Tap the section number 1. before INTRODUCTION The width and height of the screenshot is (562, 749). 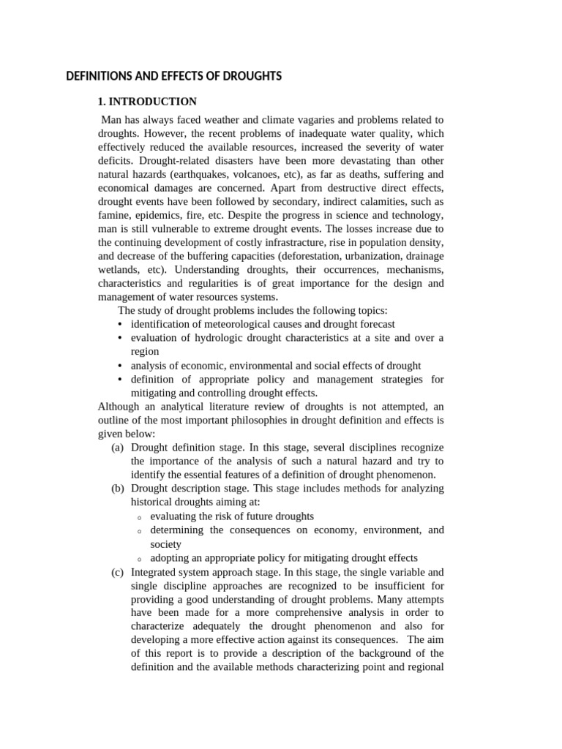point(103,102)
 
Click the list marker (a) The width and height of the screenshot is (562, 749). point(118,448)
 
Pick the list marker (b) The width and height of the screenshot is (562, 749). point(118,489)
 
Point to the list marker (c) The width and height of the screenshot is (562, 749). point(118,572)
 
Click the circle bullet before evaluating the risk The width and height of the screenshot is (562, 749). point(138,517)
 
